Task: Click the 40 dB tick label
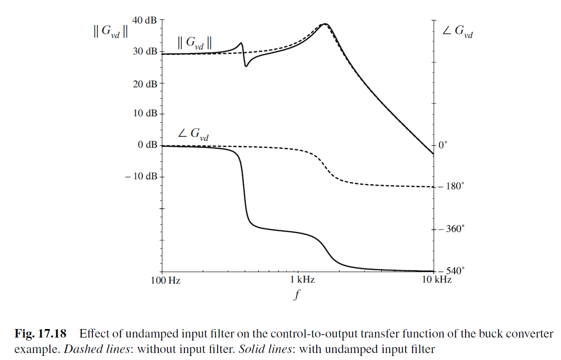[145, 20]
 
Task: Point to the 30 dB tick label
[145, 51]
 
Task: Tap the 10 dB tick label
[145, 114]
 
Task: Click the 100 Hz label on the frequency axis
[165, 280]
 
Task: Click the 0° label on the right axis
[442, 145]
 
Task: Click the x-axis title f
[297, 295]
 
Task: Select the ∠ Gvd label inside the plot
[193, 134]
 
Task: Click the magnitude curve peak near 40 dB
[325, 23]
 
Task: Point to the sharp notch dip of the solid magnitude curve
[246, 66]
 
